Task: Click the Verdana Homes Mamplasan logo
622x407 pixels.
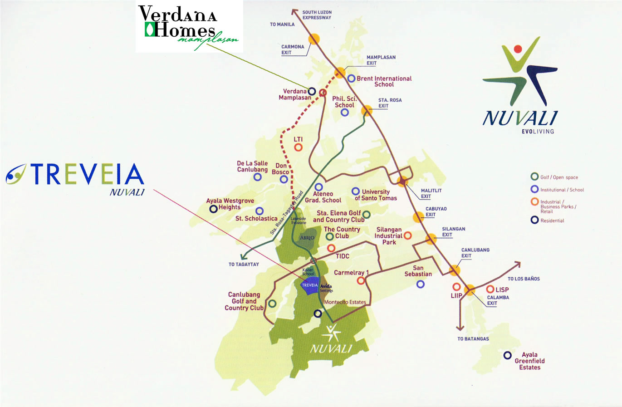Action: (x=189, y=26)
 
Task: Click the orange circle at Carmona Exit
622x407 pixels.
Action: (x=314, y=39)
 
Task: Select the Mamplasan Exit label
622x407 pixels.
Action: (x=381, y=60)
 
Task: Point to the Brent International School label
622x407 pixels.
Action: (x=384, y=81)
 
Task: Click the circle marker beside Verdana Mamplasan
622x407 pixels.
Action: (x=312, y=92)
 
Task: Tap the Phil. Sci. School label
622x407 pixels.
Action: (x=344, y=102)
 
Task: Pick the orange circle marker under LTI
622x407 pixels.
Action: (x=298, y=147)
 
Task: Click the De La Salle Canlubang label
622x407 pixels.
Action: (x=252, y=167)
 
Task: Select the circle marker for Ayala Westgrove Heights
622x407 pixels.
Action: (x=213, y=209)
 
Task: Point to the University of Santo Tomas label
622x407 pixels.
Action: (x=376, y=195)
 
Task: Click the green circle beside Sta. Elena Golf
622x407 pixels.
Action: (x=366, y=214)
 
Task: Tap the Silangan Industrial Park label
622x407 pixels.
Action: (x=388, y=236)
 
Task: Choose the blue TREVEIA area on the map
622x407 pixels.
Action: (x=310, y=286)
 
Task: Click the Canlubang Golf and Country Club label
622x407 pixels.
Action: (x=244, y=301)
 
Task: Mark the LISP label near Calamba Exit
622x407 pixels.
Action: (x=502, y=289)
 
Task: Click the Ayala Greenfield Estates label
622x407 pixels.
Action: (x=529, y=361)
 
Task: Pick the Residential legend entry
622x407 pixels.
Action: (x=552, y=221)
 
